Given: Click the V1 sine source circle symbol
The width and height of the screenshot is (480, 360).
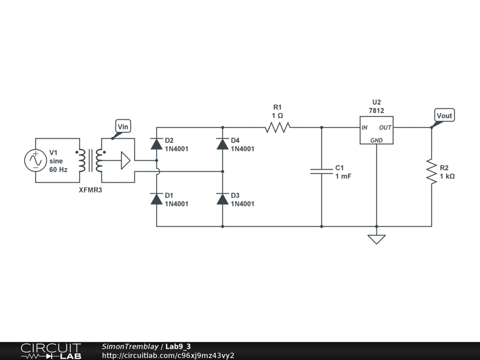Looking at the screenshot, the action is (36, 160).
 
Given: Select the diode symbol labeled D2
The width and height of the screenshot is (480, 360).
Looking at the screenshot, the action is (157, 143).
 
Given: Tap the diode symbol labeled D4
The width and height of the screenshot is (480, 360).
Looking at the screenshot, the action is (223, 143).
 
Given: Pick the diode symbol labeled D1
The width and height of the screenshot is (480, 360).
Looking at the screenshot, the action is (157, 199).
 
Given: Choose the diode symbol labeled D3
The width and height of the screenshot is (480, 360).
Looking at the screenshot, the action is (223, 199).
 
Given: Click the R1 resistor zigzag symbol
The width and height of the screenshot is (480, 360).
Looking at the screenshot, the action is (277, 127).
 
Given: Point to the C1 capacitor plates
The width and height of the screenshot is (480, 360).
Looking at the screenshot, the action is (322, 172).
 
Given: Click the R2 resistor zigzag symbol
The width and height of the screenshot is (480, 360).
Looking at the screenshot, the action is (432, 172).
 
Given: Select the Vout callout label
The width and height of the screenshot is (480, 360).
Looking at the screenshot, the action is (444, 115).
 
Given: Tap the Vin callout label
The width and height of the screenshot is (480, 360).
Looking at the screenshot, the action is (123, 127).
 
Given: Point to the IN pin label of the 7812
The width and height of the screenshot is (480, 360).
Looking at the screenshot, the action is (364, 127).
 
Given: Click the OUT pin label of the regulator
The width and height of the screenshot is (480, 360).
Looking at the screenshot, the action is (385, 127).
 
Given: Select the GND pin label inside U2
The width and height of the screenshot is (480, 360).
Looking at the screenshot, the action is (376, 140).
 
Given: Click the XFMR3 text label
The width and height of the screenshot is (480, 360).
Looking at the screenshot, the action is (90, 190).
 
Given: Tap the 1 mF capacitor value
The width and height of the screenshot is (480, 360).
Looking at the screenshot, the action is (343, 176).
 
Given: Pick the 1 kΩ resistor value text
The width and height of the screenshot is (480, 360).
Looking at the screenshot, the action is (447, 176).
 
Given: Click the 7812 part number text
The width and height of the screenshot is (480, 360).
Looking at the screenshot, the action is (376, 111).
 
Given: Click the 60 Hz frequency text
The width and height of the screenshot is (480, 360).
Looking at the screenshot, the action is (59, 170).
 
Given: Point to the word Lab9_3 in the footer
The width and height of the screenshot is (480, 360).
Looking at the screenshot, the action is (178, 346).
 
